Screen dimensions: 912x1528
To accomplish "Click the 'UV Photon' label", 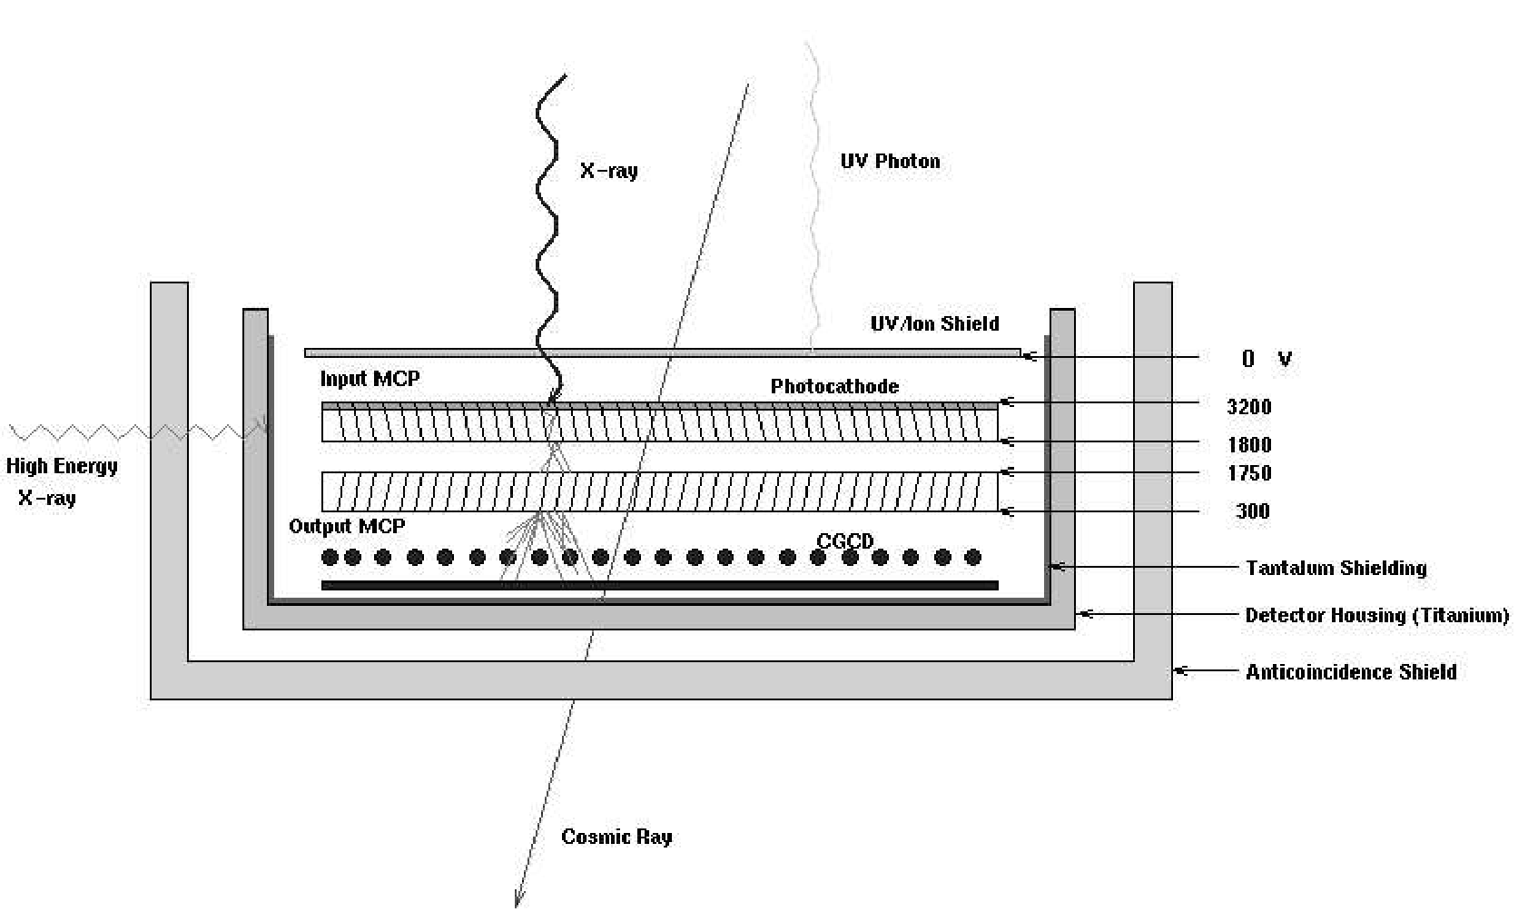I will pos(890,162).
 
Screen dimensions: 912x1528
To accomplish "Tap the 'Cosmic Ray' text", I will pos(616,837).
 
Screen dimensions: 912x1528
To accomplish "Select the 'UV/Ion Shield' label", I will pos(934,323).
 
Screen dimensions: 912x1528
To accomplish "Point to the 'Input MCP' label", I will pos(370,379).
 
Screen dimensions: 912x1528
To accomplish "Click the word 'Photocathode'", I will pos(834,386).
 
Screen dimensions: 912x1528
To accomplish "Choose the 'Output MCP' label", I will pos(347,526).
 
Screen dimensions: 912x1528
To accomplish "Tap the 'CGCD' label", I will pos(844,541).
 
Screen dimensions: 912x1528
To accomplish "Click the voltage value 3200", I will pos(1248,407).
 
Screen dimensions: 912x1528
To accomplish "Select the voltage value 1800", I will pos(1249,445).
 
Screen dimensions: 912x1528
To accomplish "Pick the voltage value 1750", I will pos(1249,473).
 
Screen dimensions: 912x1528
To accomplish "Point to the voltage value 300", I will pos(1252,511).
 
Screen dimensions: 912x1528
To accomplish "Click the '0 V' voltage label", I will pos(1266,359).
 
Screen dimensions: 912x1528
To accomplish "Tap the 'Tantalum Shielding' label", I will pos(1336,569).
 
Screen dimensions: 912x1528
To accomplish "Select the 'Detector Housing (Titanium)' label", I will pos(1376,616).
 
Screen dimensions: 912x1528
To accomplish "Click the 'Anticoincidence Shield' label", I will pos(1351,672).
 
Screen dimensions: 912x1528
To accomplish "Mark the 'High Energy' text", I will pos(62,466).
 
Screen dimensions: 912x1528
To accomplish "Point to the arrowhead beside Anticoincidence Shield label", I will pos(1180,671).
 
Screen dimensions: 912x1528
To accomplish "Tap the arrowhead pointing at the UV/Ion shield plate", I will pos(1029,357).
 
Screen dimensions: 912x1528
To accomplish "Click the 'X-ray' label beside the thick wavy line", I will pos(608,171).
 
